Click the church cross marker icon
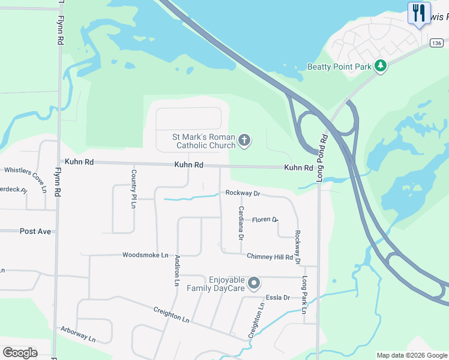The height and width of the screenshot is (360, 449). pos(244,141)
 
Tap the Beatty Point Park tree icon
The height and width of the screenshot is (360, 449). pos(380,66)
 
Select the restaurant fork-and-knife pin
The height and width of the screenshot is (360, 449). pos(419,13)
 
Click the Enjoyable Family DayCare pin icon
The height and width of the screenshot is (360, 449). pos(254,282)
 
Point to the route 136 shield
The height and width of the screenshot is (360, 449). pos(437,42)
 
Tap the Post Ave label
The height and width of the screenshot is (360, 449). pos(35,231)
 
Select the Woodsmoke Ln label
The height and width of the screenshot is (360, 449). pos(145,255)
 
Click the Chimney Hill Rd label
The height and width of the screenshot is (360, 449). pos(270,257)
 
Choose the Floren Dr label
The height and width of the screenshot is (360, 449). pos(265,220)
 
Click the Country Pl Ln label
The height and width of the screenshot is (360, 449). pos(134,188)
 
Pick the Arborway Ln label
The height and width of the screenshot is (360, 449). pos(78,334)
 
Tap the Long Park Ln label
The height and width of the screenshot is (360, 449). pos(304,295)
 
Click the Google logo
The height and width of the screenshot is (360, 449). pos(20,353)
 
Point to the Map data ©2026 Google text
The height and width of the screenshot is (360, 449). pos(412,355)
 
